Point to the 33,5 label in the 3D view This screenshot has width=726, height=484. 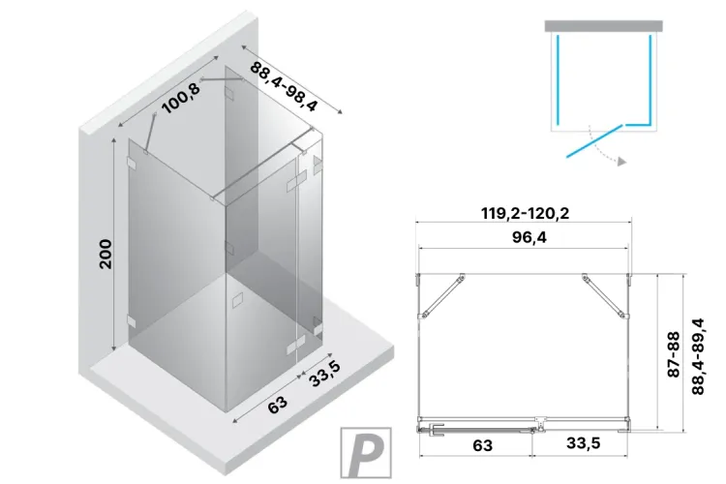[322, 374]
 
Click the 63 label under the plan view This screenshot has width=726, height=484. [483, 446]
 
